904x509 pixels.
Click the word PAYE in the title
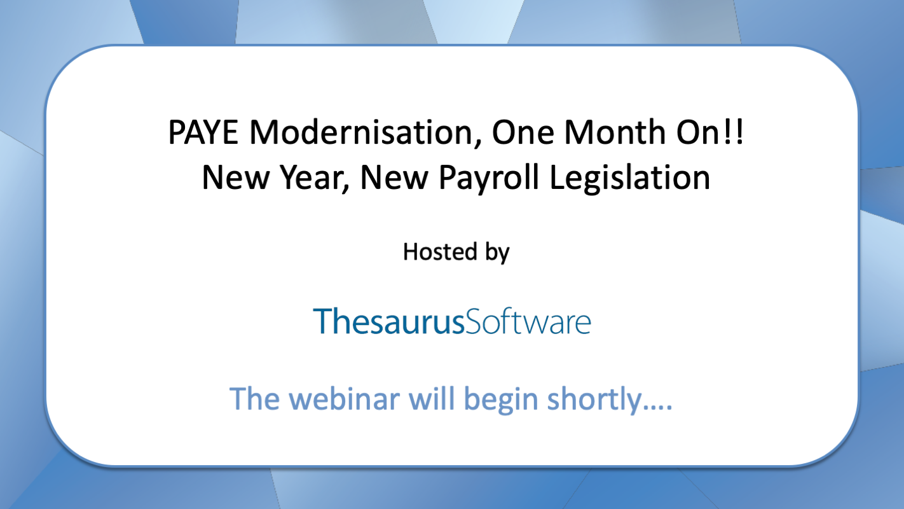coord(203,132)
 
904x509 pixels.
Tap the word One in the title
coord(523,132)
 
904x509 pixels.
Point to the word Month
coord(615,132)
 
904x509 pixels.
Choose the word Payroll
coord(489,178)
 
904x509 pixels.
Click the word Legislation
coord(629,178)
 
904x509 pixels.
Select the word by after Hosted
coord(497,253)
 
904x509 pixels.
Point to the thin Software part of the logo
coord(528,321)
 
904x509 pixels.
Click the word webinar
coord(345,399)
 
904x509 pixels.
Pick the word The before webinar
coord(255,399)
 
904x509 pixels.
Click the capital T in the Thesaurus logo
coord(322,321)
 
